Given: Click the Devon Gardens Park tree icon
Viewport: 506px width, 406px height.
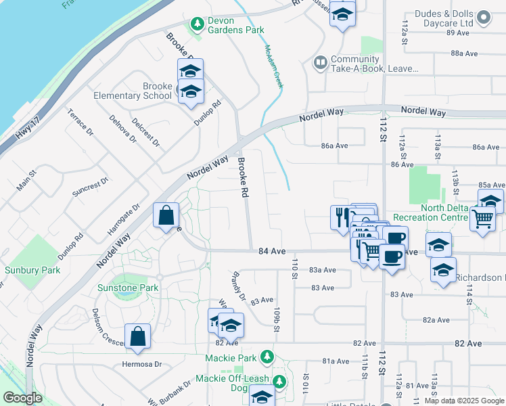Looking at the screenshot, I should (x=197, y=25).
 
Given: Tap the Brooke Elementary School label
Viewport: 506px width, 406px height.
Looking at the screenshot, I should (x=157, y=91).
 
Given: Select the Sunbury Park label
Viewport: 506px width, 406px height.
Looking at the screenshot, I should (x=32, y=271).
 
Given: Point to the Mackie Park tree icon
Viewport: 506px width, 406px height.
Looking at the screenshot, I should (x=268, y=356).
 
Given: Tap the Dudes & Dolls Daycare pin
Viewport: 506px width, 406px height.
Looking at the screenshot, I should (x=484, y=18).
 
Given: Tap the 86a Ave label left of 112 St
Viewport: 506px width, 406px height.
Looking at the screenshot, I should (x=334, y=145).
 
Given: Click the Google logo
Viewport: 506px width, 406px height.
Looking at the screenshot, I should (x=23, y=398).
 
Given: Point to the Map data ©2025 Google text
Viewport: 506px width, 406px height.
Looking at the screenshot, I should (x=465, y=401).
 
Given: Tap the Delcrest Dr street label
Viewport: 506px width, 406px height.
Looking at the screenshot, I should (x=146, y=133).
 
